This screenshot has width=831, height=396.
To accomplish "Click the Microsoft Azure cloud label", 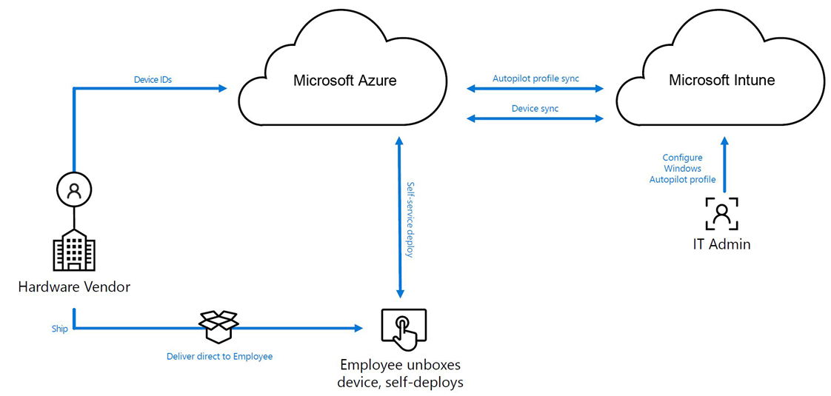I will (x=344, y=80).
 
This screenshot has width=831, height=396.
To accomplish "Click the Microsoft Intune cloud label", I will (x=721, y=80).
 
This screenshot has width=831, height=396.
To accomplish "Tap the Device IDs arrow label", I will (x=153, y=79).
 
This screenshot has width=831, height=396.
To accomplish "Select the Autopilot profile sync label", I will (x=535, y=78).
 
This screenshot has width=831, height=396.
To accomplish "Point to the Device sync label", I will (x=535, y=108).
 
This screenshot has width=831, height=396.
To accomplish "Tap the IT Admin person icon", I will (x=721, y=213).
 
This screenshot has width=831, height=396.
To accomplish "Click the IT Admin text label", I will (x=721, y=244).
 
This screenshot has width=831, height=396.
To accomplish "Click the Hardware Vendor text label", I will (x=74, y=286).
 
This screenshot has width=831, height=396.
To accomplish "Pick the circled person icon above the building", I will (x=74, y=190).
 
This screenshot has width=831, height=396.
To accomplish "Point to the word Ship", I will (x=60, y=329).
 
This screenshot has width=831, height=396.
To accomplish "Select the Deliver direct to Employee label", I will (x=219, y=356).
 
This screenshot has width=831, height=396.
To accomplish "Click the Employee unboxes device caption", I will (x=400, y=373).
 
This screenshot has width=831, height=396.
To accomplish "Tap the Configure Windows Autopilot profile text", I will (x=682, y=169).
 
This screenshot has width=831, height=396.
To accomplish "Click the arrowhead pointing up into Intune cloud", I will (x=724, y=140).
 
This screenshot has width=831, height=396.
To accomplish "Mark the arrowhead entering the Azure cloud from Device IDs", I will (x=222, y=89).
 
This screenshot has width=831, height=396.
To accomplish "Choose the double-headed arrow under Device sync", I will (x=535, y=118).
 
